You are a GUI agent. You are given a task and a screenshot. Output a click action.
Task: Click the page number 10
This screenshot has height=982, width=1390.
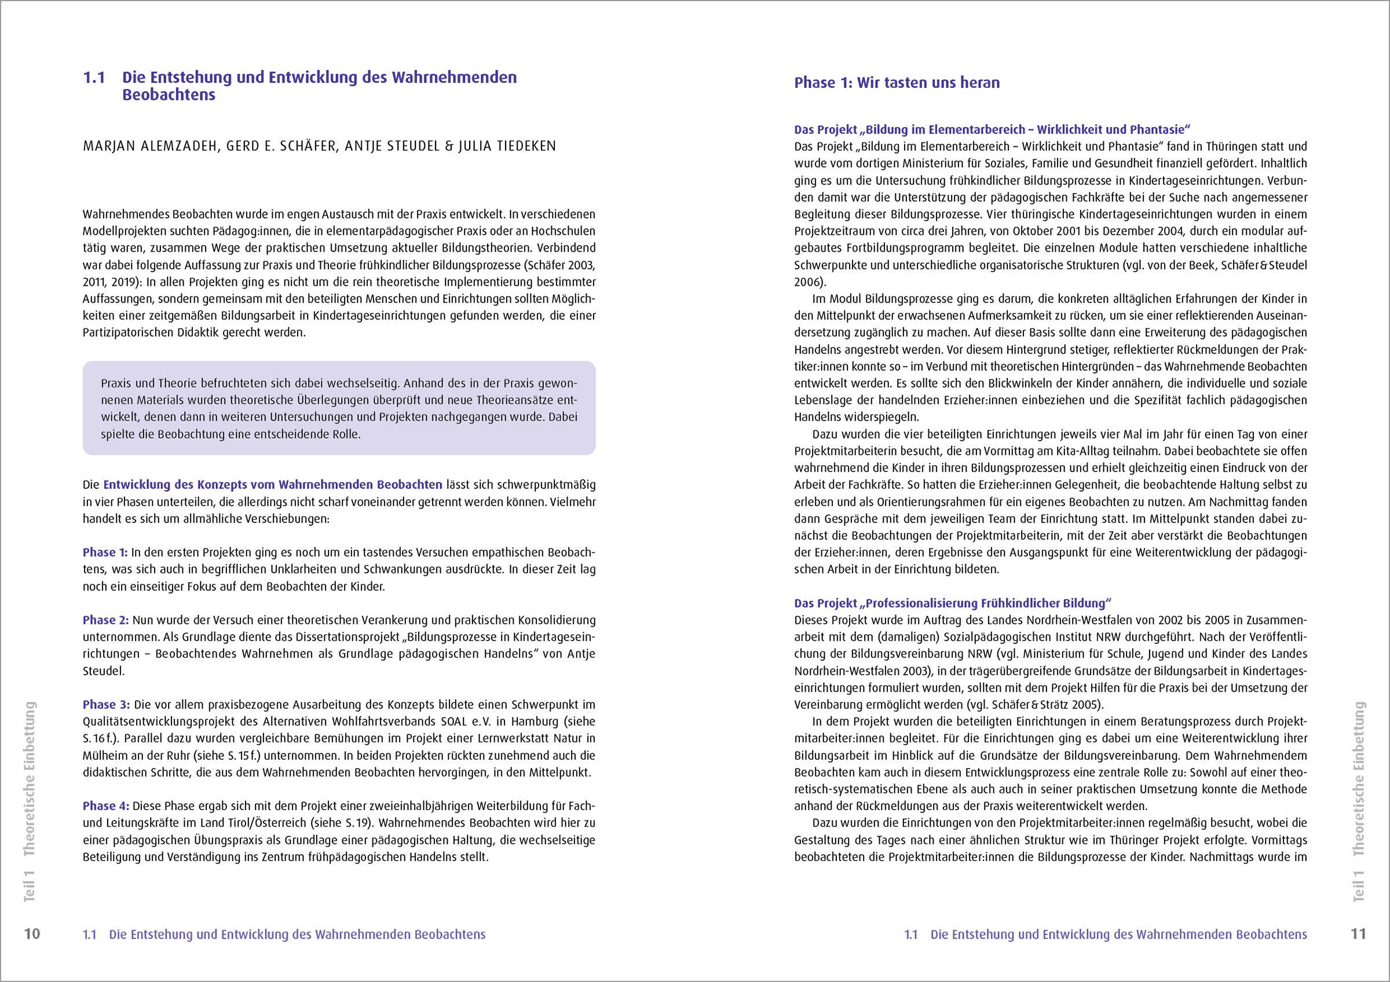tap(32, 933)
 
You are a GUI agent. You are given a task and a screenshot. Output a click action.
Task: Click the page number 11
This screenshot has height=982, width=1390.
tap(1358, 933)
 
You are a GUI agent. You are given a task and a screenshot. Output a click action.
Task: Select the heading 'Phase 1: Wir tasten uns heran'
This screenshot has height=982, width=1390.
tap(897, 83)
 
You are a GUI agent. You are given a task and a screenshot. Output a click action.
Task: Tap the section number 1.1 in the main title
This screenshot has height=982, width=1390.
tap(94, 78)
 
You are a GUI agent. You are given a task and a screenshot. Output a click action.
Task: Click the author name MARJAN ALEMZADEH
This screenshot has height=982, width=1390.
tap(151, 146)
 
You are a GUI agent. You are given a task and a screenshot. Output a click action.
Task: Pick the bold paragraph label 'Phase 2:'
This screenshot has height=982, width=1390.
tap(105, 620)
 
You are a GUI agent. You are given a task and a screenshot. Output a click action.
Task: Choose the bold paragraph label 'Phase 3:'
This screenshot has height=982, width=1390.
tap(106, 705)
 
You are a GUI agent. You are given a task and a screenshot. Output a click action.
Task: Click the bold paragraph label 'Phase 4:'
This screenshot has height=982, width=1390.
tap(105, 806)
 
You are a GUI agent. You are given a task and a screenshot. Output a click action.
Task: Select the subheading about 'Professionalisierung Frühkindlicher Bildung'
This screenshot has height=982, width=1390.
tap(952, 603)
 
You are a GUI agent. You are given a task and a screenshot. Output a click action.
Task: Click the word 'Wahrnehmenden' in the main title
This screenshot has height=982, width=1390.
tap(454, 78)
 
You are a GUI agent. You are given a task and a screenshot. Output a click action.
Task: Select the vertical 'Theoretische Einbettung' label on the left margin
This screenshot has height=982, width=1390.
tap(29, 779)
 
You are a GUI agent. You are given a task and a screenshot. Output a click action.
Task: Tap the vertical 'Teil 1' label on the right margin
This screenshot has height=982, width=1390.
tap(1359, 887)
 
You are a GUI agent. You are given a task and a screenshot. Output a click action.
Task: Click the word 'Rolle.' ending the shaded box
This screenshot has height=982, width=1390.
tap(346, 435)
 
